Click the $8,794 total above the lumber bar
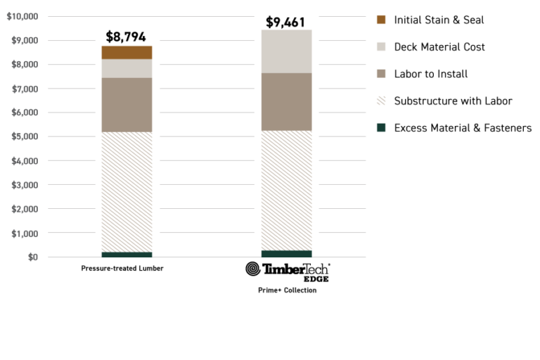click(x=126, y=37)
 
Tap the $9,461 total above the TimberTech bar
click(x=286, y=22)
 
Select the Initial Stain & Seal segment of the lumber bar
click(x=127, y=52)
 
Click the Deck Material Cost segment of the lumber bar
click(x=127, y=68)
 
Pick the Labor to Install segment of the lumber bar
click(x=127, y=104)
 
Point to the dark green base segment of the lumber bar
click(x=127, y=255)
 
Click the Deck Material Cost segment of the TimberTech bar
click(x=287, y=51)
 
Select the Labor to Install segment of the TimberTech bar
click(x=287, y=101)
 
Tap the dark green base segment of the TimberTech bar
click(x=287, y=254)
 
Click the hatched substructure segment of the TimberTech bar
click(x=287, y=190)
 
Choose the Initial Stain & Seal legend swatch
click(x=381, y=20)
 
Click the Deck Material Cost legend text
click(x=439, y=47)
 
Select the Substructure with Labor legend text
click(x=453, y=101)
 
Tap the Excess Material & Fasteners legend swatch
click(x=381, y=127)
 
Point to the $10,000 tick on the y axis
click(x=22, y=16)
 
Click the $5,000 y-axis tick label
click(x=25, y=137)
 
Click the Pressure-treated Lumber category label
click(x=122, y=269)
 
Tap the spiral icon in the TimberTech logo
click(x=252, y=269)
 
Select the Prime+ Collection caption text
click(x=287, y=290)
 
